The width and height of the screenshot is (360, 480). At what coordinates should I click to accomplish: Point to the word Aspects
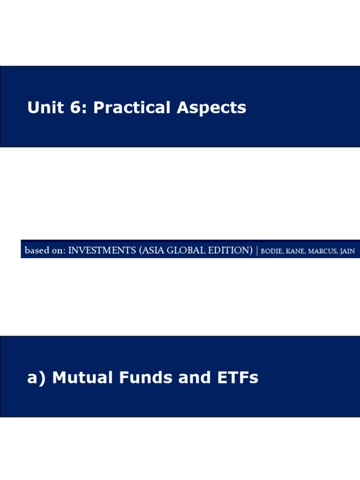click(x=211, y=108)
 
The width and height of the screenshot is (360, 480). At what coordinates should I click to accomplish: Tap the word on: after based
click(x=58, y=251)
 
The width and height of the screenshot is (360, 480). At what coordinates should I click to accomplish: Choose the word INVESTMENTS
click(x=102, y=251)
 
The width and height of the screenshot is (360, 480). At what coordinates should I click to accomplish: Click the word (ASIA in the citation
click(x=151, y=251)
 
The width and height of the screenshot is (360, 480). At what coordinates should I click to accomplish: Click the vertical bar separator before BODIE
click(x=257, y=251)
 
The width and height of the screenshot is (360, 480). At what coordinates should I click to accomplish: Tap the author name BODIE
click(x=272, y=251)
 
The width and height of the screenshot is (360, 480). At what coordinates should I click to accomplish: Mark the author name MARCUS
click(x=322, y=251)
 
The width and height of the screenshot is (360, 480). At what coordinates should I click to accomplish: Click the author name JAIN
click(x=347, y=251)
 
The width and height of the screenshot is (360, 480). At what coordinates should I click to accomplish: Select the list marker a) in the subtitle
click(x=37, y=378)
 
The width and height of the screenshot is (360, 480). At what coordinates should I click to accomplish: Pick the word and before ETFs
click(x=183, y=378)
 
